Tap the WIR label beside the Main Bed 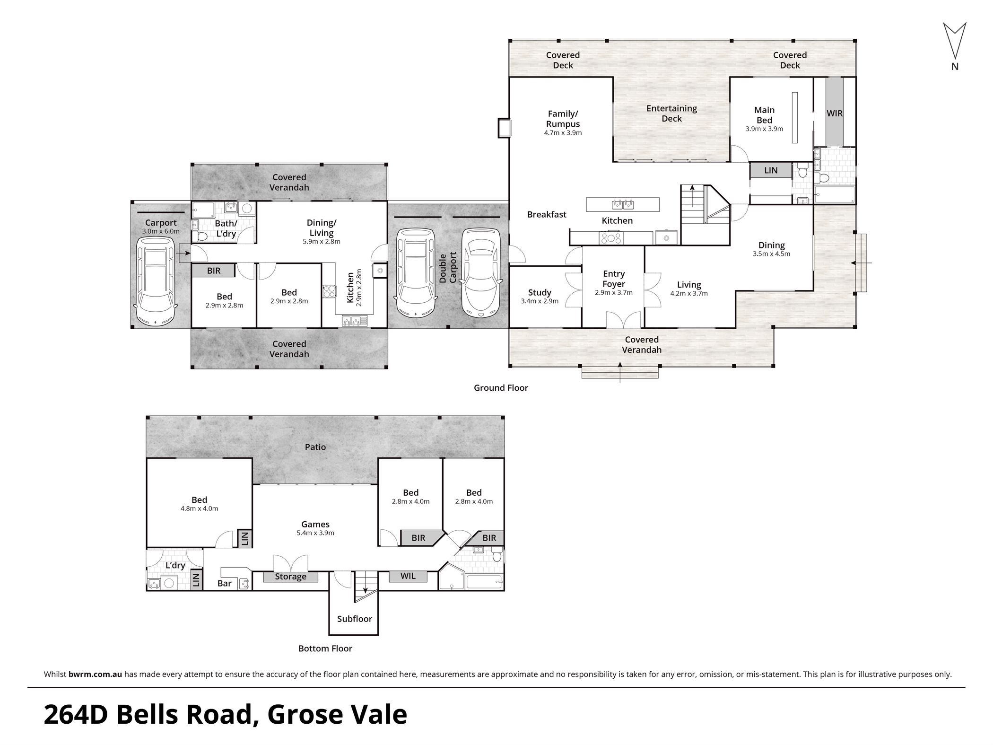point(835,114)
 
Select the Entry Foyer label point(614,279)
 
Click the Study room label point(540,293)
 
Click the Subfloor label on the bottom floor point(355,619)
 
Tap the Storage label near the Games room point(291,577)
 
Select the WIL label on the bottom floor point(408,576)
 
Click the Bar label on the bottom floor point(225,583)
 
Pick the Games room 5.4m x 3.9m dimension point(315,533)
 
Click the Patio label point(315,447)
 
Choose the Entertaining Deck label point(672,114)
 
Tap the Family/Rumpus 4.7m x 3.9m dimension point(563,133)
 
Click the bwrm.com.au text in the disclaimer point(96,675)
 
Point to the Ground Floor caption point(501,388)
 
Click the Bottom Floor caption point(325,649)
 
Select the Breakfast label point(547,215)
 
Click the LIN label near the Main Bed point(771,170)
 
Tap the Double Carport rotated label point(448,268)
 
